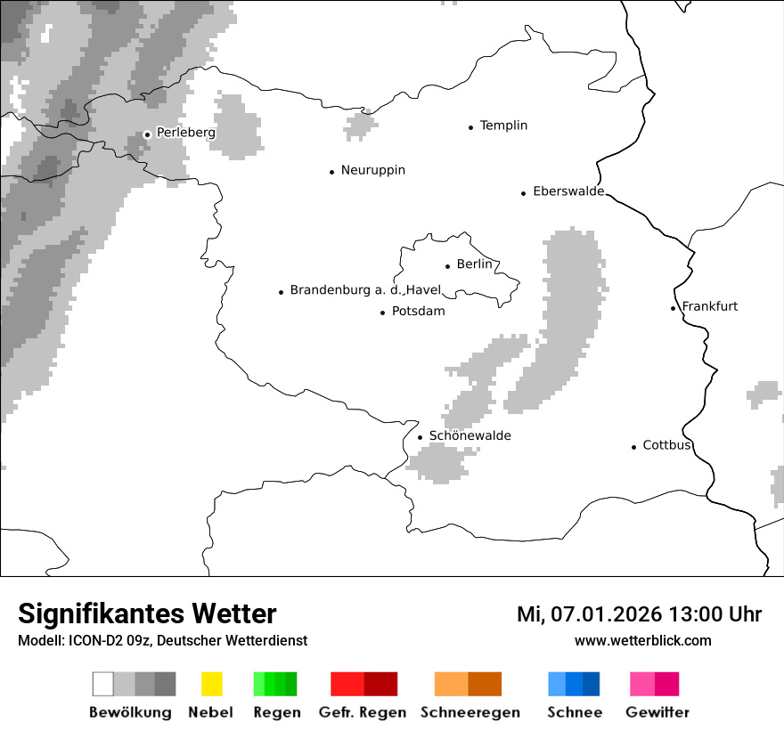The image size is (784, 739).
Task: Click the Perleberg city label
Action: pos(185,133)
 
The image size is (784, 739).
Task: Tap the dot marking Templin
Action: pos(470,127)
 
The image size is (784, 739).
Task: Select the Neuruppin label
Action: pos(372,170)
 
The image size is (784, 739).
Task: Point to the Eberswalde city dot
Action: pos(524,193)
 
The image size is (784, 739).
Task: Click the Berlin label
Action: pos(474,264)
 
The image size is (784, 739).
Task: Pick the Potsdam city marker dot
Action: pos(382,313)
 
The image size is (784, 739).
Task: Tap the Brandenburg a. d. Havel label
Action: pos(365,290)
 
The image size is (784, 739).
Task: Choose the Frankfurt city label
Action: pos(710,306)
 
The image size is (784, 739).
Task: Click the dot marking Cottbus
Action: pos(633,447)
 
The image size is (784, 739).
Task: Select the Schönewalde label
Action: pos(470,435)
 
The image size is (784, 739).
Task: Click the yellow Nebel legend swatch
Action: pos(211,684)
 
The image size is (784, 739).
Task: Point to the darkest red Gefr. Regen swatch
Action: pos(380,684)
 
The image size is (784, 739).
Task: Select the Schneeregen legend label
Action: pos(470,712)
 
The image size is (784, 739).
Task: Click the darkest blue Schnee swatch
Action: pos(592,684)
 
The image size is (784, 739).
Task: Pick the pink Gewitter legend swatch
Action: pos(641,684)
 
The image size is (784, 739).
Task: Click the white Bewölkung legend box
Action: pos(103,684)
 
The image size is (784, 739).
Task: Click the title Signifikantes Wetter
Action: pos(147,614)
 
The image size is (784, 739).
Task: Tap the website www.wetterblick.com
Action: pos(642,641)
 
